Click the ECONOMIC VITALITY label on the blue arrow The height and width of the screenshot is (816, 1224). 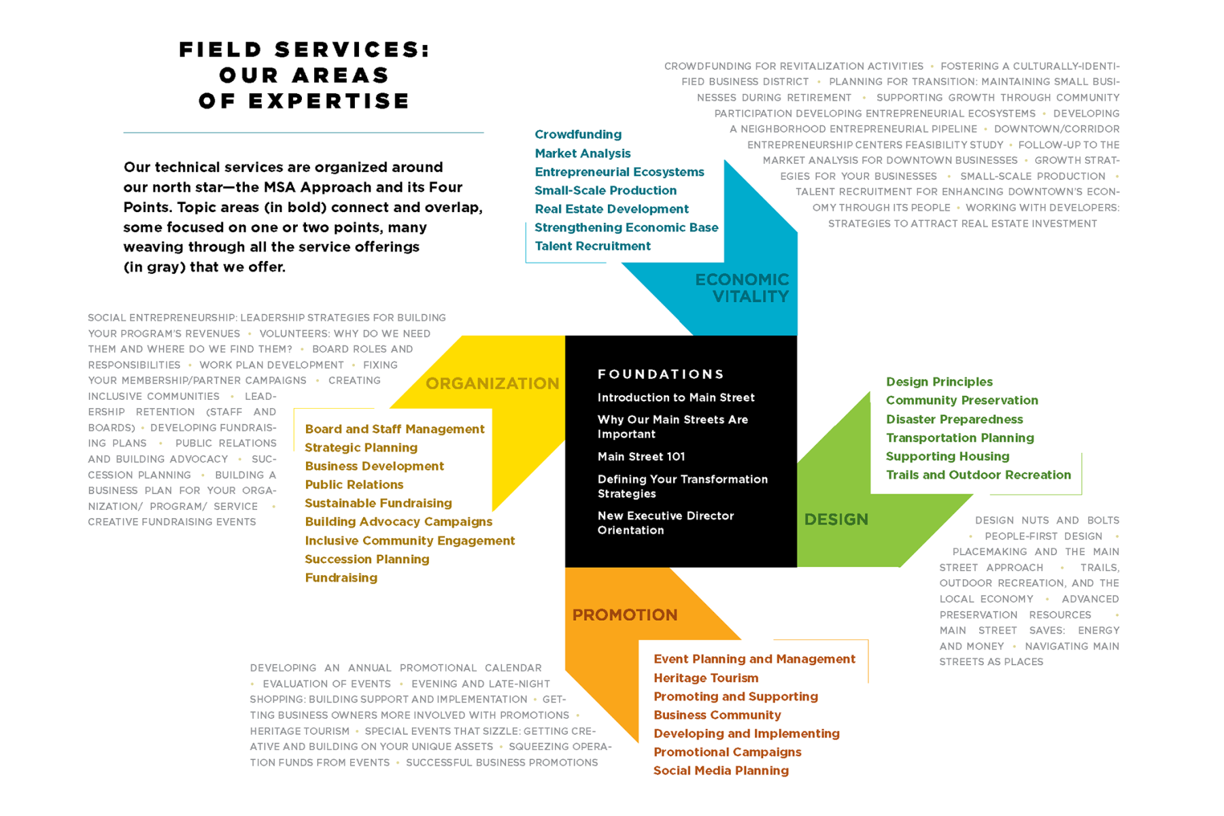(742, 288)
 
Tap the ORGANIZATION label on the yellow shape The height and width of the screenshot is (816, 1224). (492, 384)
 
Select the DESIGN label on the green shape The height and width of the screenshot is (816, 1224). (836, 520)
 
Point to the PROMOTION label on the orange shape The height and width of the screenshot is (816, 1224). (624, 615)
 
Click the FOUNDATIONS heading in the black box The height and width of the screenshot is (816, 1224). (660, 374)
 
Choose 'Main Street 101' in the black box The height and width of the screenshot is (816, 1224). (641, 456)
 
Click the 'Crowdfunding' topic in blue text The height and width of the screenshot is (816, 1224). (577, 134)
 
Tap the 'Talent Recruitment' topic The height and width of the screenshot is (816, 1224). (592, 246)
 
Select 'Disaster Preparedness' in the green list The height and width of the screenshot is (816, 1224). (954, 419)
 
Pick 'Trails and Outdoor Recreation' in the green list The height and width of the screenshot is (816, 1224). (978, 475)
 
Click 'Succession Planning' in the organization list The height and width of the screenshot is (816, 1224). (367, 559)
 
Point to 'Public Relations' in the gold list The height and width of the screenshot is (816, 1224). (354, 484)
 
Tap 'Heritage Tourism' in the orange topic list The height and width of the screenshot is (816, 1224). (705, 678)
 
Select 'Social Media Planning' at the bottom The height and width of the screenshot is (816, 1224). (721, 770)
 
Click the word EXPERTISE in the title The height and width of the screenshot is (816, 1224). (328, 101)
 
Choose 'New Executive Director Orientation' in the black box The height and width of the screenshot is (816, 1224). (665, 523)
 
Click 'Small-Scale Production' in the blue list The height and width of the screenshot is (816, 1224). (605, 190)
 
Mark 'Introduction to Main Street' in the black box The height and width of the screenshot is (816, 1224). (675, 397)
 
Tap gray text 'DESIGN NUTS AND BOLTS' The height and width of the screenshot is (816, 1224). (1047, 520)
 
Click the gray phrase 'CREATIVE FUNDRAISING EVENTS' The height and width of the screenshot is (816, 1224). (171, 522)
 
